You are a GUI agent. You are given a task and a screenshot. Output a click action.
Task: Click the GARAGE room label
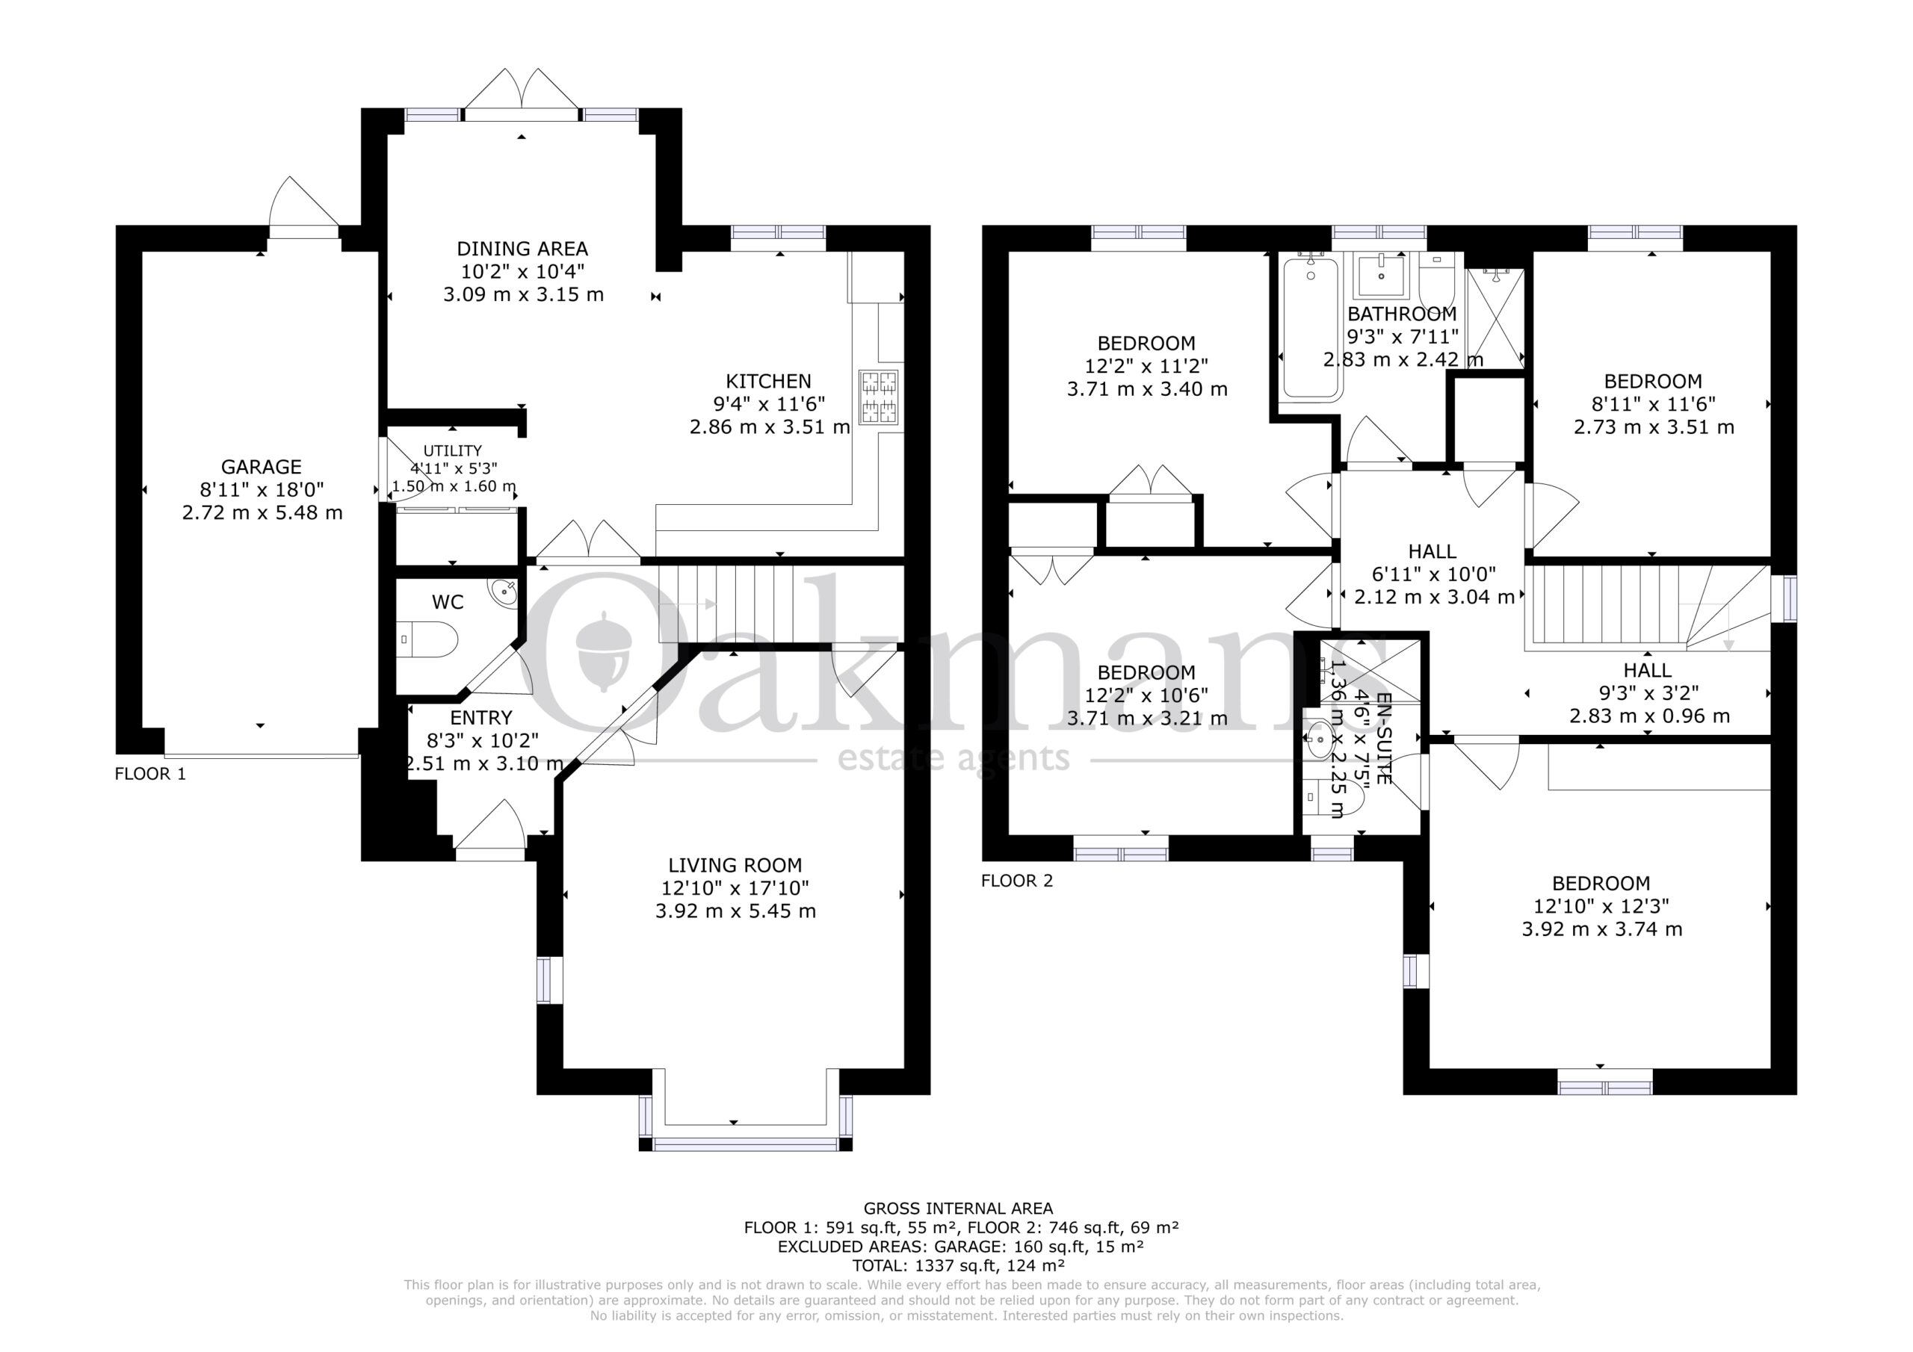click(x=261, y=467)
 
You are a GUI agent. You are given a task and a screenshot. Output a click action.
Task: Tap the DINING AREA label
click(x=522, y=248)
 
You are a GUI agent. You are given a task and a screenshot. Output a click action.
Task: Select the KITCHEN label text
click(x=768, y=382)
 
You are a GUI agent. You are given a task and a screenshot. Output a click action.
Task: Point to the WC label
click(x=448, y=602)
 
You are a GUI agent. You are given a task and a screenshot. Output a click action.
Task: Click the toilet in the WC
click(x=427, y=639)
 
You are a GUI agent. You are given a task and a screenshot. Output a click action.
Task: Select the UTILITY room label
click(x=452, y=450)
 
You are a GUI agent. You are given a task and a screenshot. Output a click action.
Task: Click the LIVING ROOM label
click(x=735, y=866)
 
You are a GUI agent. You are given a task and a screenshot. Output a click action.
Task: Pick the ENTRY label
click(x=480, y=718)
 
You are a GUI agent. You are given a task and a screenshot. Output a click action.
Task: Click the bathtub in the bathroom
click(x=1311, y=326)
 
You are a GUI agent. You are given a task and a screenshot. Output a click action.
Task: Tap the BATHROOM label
click(x=1403, y=314)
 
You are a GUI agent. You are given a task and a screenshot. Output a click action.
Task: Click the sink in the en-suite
click(x=1319, y=738)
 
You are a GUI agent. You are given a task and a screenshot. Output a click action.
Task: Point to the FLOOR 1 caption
click(x=150, y=774)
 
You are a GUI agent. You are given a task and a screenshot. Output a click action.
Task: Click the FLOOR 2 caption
click(x=1016, y=881)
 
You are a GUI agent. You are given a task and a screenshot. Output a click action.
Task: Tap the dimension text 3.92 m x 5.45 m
click(x=735, y=911)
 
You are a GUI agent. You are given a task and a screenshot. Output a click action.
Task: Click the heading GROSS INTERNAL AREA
click(x=958, y=1208)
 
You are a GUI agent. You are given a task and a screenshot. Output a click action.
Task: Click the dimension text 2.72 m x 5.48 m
click(x=262, y=512)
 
